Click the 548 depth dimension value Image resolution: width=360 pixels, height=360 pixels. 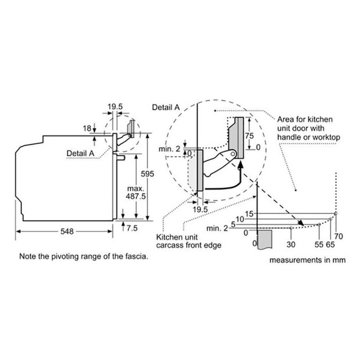[67, 231]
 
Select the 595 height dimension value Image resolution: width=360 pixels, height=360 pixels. [147, 174]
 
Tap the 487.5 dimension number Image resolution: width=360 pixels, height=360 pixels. [136, 196]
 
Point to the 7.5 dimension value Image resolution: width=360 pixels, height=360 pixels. [132, 228]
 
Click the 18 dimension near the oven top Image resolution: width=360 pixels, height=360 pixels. [87, 128]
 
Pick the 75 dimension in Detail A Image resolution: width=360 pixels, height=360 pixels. [249, 136]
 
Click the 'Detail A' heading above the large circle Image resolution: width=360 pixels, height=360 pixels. [166, 107]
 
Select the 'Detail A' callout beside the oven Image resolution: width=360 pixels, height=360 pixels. [80, 154]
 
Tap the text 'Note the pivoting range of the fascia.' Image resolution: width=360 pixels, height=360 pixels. [84, 256]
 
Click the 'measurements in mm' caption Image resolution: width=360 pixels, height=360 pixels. [308, 260]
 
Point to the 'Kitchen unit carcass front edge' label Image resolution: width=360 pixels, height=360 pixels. [189, 241]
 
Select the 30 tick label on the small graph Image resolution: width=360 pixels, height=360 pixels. [291, 245]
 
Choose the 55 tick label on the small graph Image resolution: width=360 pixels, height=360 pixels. [319, 245]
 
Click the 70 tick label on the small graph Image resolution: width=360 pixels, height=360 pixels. [339, 236]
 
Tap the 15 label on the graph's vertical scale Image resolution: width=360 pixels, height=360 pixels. [249, 214]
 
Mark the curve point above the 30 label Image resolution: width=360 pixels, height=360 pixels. [291, 228]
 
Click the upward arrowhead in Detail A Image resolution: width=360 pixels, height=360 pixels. [240, 164]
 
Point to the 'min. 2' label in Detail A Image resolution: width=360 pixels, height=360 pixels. [169, 149]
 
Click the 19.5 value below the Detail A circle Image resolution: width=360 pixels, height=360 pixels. [200, 209]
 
